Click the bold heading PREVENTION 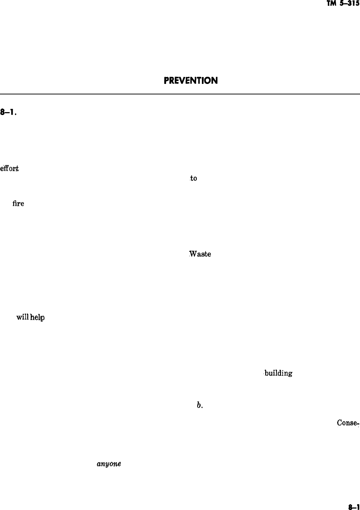[x=191, y=80]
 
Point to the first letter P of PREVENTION [x=166, y=80]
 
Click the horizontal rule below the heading [x=180, y=94]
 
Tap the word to [x=194, y=178]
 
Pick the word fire [x=18, y=203]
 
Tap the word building [x=278, y=373]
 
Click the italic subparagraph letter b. [x=199, y=405]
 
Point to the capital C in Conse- [x=339, y=423]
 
